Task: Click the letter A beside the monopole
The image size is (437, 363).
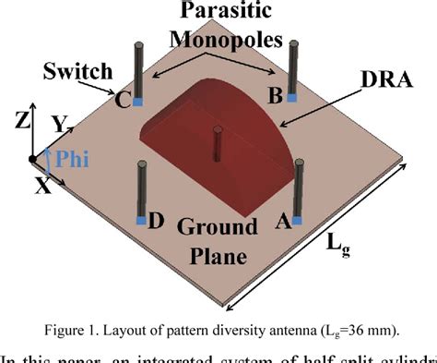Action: [x=286, y=222]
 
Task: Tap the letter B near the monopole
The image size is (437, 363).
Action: [x=274, y=95]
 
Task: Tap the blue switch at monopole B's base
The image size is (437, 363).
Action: [x=292, y=97]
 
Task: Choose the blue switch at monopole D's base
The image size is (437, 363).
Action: [x=141, y=220]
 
